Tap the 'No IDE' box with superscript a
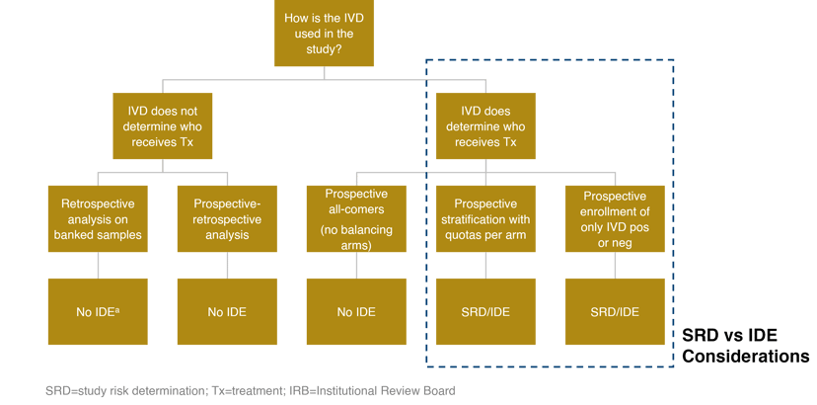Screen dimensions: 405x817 [x=98, y=311]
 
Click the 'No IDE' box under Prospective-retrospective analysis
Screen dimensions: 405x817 [x=226, y=311]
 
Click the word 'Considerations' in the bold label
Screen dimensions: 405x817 [x=746, y=356]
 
